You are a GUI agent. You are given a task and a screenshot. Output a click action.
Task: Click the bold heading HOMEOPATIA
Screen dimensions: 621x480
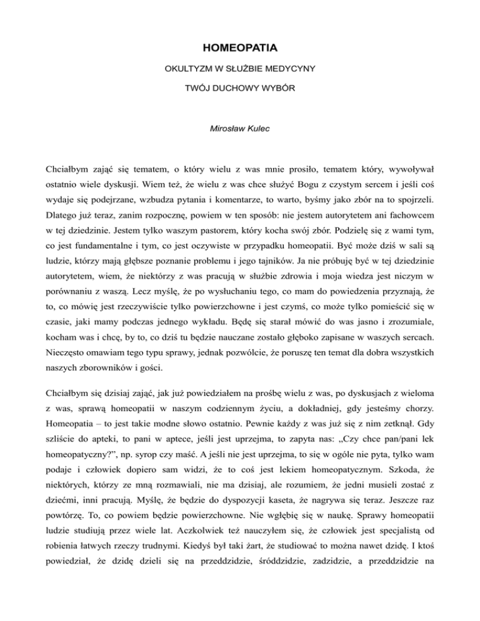tap(240, 47)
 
